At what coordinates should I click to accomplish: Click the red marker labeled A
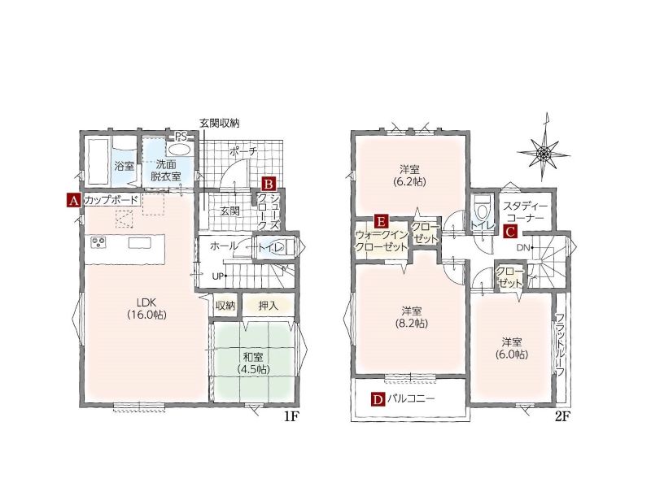[x=73, y=201]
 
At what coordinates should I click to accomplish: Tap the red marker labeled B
[x=269, y=184]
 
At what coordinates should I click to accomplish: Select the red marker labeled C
[x=510, y=232]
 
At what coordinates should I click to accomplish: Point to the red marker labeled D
[x=378, y=399]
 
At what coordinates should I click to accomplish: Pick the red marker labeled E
[x=381, y=221]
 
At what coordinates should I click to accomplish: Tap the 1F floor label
[x=291, y=417]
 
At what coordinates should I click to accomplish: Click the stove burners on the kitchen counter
[x=99, y=242]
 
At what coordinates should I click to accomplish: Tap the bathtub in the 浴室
[x=98, y=161]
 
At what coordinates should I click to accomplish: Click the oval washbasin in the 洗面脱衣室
[x=179, y=150]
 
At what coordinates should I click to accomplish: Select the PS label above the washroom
[x=181, y=137]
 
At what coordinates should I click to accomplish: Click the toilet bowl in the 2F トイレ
[x=482, y=210]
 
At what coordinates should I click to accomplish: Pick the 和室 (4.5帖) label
[x=252, y=363]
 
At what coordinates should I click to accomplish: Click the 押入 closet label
[x=268, y=307]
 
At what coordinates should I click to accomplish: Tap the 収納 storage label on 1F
[x=225, y=307]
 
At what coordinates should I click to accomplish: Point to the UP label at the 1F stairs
[x=219, y=276]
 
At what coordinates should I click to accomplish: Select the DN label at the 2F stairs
[x=524, y=248]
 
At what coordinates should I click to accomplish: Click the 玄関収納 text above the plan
[x=219, y=124]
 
